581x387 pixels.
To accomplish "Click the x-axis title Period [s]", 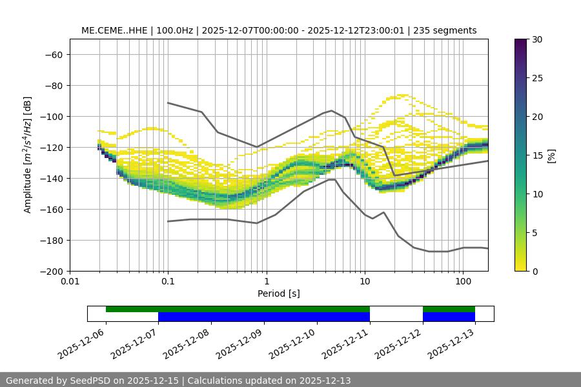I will (278, 293).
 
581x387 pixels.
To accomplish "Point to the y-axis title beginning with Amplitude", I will (28, 155).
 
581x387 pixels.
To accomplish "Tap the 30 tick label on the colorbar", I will (537, 39).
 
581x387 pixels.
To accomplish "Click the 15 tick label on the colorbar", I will (537, 155).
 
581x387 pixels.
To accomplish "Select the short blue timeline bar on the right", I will (449, 317).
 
